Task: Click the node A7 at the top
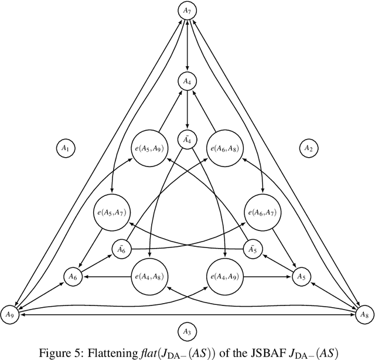(x=187, y=10)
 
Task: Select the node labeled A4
(x=187, y=81)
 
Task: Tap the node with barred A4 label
(x=187, y=140)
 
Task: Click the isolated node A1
(x=65, y=149)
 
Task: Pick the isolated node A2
(x=308, y=149)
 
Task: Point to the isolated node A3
(x=187, y=332)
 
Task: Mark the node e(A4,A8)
(x=151, y=276)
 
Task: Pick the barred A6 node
(x=121, y=249)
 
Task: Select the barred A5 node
(x=253, y=249)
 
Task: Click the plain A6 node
(x=73, y=276)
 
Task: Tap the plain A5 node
(x=301, y=276)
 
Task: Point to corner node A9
(x=9, y=315)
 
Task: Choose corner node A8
(x=364, y=315)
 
